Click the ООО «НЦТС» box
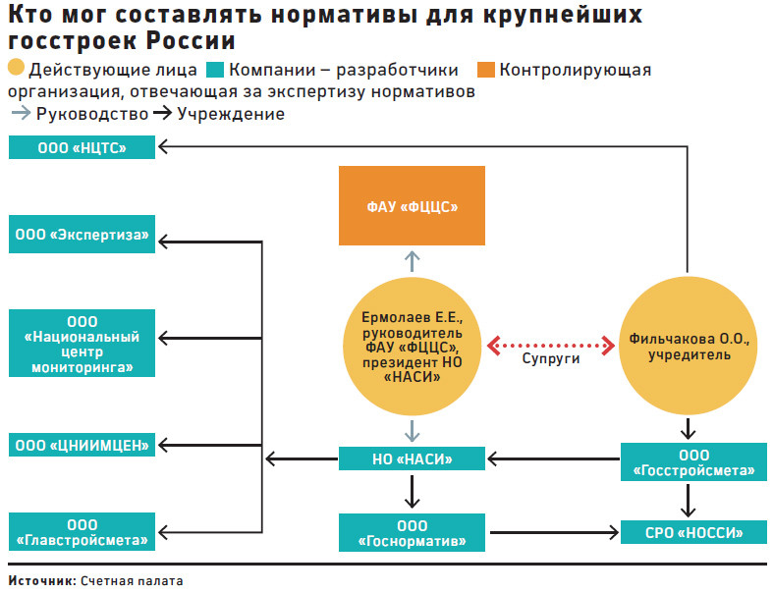82,147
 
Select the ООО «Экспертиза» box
82,234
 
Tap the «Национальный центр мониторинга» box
82,343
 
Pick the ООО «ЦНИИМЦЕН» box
82,445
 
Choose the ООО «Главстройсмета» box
82,532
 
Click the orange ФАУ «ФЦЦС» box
412,205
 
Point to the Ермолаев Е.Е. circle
412,346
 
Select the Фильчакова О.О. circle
689,345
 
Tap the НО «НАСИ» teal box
412,458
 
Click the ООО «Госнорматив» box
412,533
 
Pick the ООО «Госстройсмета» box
693,461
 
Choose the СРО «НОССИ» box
693,532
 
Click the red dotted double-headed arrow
551,346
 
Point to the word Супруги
551,358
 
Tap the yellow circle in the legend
17,68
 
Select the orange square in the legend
486,70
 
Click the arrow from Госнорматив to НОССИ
555,532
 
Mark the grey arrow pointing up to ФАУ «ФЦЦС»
413,261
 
